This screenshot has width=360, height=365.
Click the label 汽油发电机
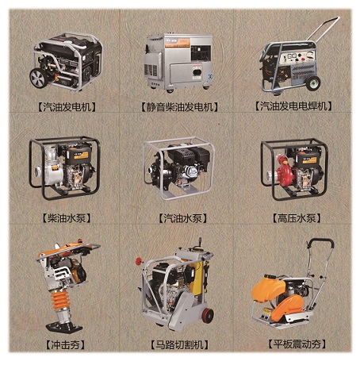(x=67, y=106)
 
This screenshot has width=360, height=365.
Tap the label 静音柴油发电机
(x=180, y=107)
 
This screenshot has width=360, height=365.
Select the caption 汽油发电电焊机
(x=293, y=106)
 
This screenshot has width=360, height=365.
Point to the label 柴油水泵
(x=67, y=218)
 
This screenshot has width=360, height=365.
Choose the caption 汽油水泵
(x=182, y=218)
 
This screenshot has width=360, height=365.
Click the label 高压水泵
(x=297, y=218)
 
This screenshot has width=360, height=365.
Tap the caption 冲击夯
(x=65, y=344)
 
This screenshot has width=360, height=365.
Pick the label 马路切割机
(x=179, y=344)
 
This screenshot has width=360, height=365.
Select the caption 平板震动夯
(x=297, y=344)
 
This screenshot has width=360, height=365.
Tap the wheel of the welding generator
(x=313, y=83)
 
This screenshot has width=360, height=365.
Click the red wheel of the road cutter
(x=208, y=315)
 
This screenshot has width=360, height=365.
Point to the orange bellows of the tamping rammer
(x=60, y=300)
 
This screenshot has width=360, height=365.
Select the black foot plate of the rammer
(x=64, y=327)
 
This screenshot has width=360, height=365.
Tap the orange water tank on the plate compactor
(x=268, y=289)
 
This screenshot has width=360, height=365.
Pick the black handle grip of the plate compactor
(x=320, y=242)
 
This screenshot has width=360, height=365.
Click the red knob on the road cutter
(x=139, y=261)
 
